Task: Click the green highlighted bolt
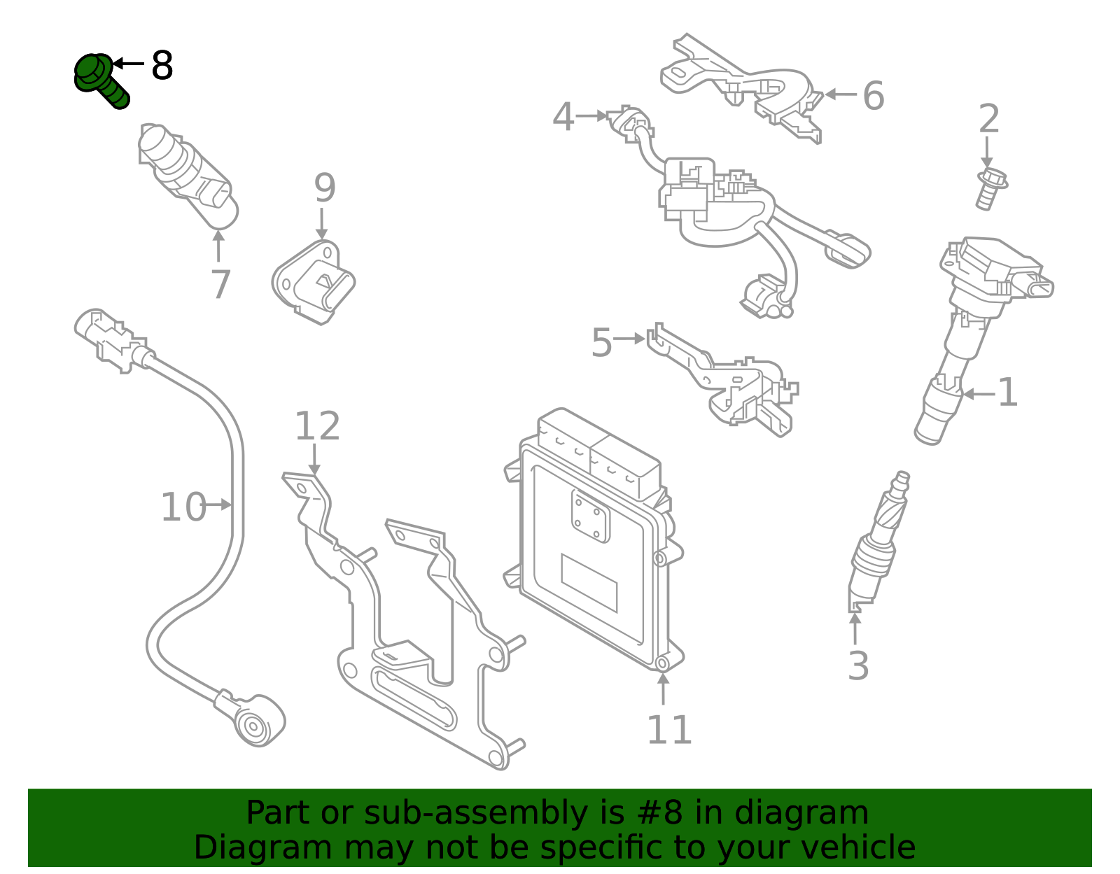tap(100, 80)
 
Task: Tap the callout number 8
tap(162, 66)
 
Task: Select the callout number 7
tap(220, 285)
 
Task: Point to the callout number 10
tap(183, 507)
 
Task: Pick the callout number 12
tap(317, 426)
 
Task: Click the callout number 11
tap(669, 730)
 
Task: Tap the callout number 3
tap(858, 665)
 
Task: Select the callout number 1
tap(1007, 393)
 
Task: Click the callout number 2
tap(988, 119)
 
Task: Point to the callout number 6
tap(873, 95)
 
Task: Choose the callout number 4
tap(563, 117)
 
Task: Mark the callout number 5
tap(601, 343)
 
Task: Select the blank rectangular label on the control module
tap(589, 582)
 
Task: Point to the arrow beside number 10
tap(220, 505)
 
